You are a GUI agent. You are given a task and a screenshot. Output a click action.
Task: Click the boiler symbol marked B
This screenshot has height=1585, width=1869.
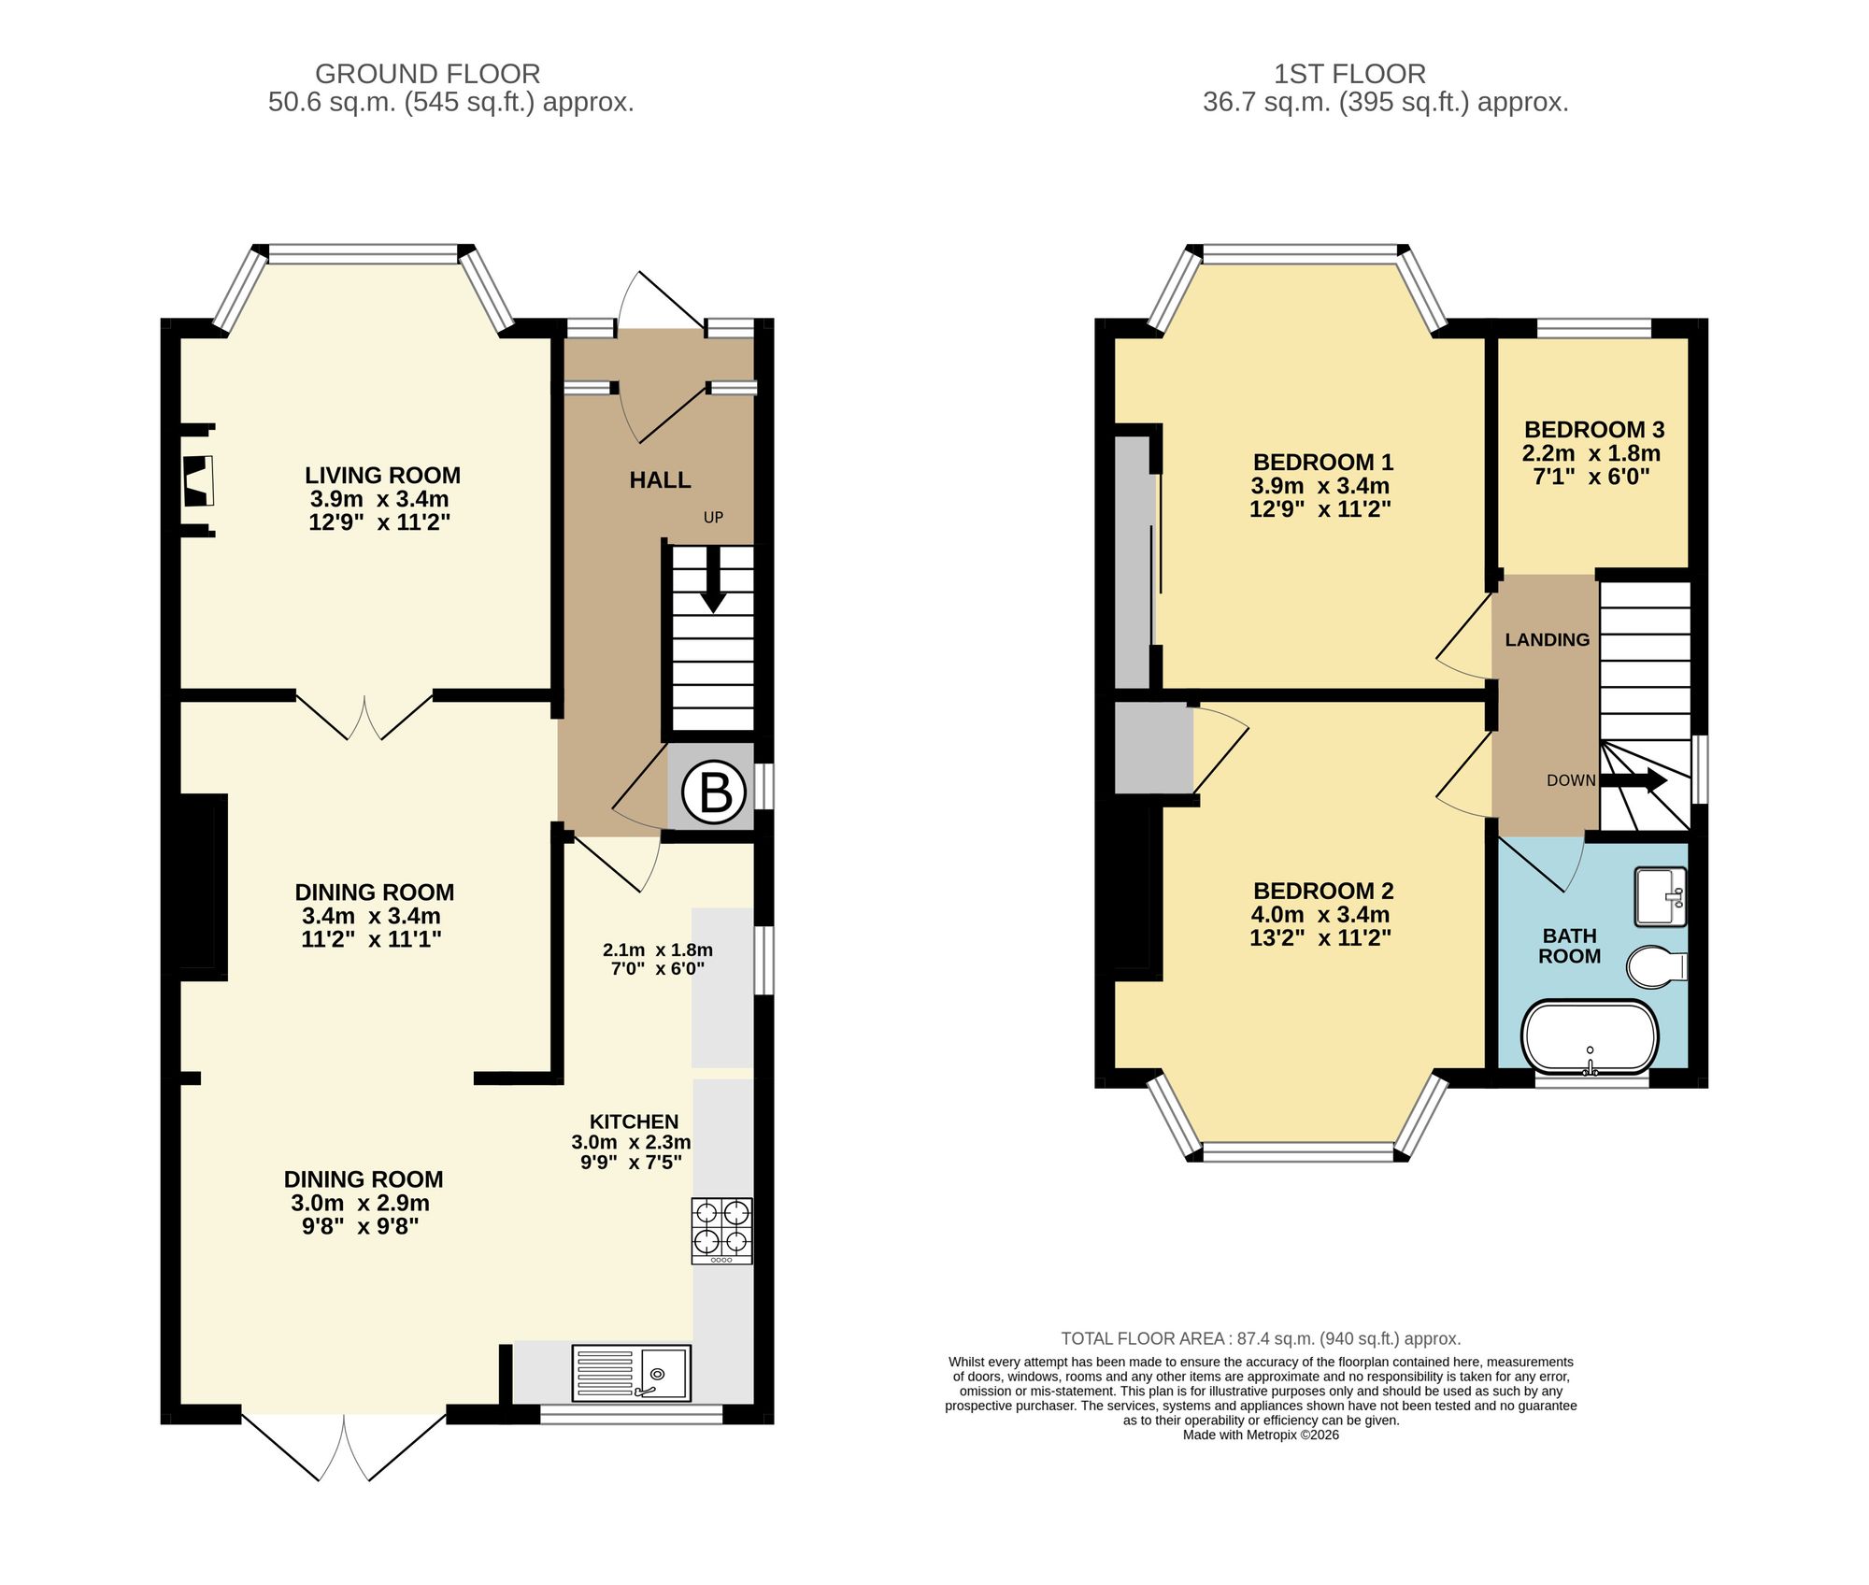coord(714,792)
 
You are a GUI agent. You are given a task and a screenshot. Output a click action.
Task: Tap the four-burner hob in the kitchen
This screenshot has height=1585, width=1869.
coord(721,1231)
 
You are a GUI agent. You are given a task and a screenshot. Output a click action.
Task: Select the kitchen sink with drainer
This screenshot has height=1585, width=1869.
coord(631,1373)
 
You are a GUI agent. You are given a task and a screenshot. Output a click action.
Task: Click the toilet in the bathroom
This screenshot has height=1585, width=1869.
coord(1656,966)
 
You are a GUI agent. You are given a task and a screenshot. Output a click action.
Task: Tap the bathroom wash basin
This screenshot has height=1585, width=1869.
coord(1660,897)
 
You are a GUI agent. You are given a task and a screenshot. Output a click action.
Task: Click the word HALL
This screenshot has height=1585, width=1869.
coord(660,480)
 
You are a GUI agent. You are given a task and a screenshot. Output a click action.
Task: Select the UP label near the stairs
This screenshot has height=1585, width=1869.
coord(713,518)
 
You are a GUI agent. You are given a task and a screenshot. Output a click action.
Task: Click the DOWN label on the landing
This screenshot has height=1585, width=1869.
coord(1571,780)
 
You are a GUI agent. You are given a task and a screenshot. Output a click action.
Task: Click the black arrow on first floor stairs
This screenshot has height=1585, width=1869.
coord(1635,780)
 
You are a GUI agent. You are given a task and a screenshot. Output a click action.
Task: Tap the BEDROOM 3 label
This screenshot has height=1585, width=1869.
coord(1593,430)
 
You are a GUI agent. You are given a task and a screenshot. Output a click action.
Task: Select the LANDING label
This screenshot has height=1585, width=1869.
coord(1547,640)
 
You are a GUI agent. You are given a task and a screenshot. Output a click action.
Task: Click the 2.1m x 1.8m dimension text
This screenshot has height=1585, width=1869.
coord(657,950)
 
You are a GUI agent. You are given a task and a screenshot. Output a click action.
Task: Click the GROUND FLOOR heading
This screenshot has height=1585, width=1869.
coord(427,74)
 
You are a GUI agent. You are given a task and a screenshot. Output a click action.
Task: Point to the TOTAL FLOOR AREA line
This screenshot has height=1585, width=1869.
coord(1260,1338)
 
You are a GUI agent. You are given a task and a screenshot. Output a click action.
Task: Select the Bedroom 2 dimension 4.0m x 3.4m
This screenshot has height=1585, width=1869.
coord(1320,915)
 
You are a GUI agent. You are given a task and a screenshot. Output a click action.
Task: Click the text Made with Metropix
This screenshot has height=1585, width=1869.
coord(1260,1435)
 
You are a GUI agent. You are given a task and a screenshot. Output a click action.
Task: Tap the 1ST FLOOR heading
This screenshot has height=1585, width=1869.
coord(1349,74)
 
